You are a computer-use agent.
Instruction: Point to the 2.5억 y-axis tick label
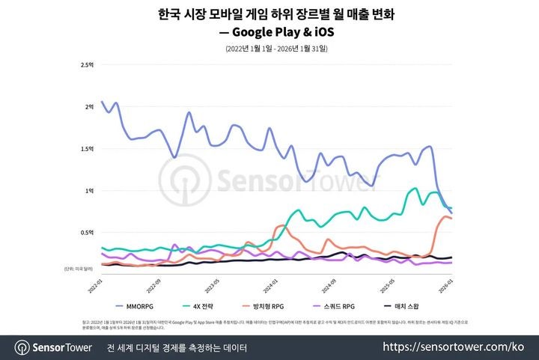[87, 64]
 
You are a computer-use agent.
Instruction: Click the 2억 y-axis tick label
[89, 106]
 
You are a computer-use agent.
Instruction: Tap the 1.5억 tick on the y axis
[87, 148]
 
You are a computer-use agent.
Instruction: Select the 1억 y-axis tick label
[89, 190]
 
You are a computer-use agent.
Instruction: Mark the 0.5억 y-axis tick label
[87, 232]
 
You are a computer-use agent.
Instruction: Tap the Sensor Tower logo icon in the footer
[21, 347]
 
